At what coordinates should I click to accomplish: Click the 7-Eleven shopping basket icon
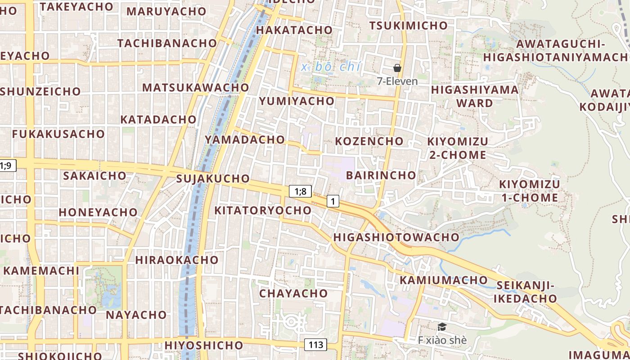397,68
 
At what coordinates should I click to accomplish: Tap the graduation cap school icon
442,327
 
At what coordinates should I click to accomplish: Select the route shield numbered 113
316,345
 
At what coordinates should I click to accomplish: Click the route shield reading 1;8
300,192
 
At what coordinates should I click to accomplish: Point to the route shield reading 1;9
6,166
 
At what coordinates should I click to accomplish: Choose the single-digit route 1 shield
333,201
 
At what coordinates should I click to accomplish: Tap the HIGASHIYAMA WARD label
475,96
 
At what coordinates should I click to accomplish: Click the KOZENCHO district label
369,141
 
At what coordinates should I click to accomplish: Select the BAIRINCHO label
381,175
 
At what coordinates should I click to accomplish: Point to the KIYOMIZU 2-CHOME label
457,148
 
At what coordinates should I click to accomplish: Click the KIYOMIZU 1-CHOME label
529,191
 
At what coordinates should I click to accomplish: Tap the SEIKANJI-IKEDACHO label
525,292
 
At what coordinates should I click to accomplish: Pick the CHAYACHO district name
293,293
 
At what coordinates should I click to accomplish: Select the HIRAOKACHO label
177,260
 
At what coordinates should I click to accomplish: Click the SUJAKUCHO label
213,179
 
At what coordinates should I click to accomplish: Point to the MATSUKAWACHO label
196,87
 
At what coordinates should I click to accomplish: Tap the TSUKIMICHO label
408,26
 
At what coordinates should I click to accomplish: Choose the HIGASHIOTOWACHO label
396,237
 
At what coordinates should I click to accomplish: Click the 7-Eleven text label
397,81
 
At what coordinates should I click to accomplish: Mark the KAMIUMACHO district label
443,280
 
